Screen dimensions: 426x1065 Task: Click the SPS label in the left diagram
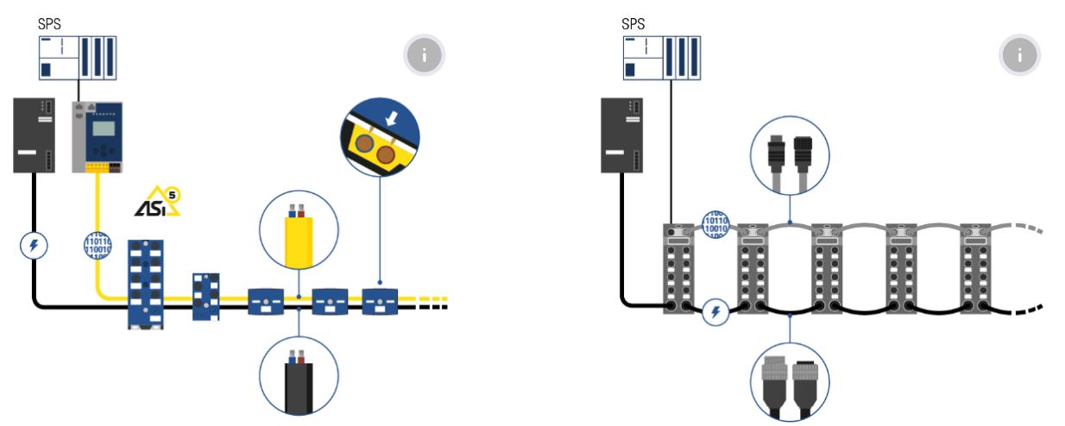click(50, 24)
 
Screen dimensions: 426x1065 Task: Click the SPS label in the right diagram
click(633, 24)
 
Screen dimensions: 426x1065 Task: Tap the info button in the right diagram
click(1019, 56)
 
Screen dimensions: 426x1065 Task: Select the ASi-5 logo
click(158, 201)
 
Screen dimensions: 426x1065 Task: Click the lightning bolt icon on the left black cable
click(34, 246)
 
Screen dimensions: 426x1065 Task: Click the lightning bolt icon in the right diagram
click(715, 312)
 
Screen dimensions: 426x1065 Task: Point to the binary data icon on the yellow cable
click(98, 245)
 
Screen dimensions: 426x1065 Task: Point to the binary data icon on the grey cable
click(715, 223)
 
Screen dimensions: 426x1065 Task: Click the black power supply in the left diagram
click(35, 134)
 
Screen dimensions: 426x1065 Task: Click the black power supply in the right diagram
click(621, 134)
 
